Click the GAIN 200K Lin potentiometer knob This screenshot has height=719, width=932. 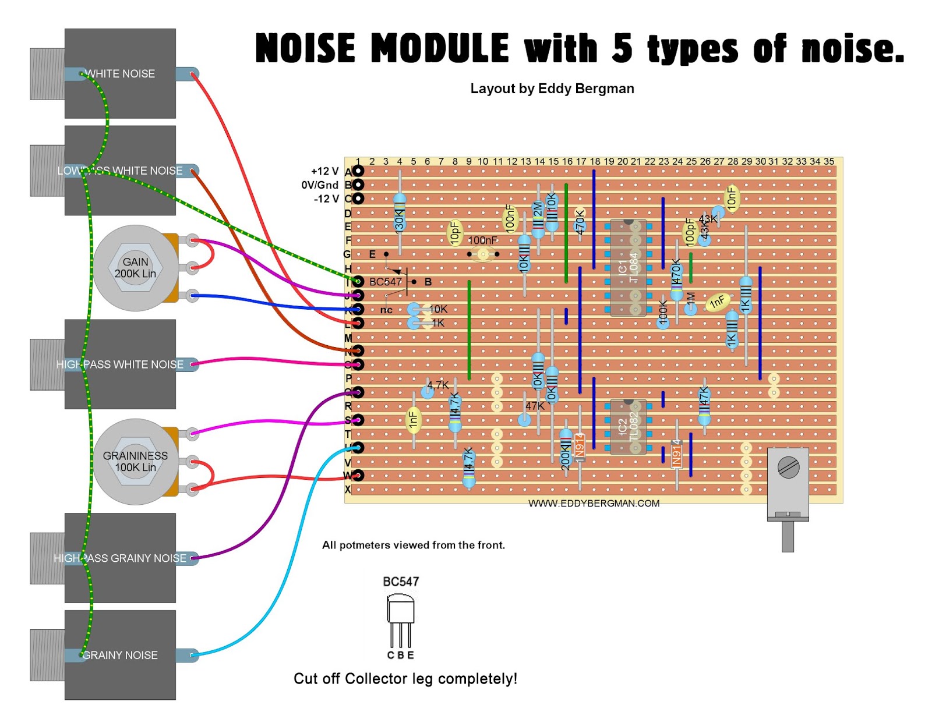(135, 268)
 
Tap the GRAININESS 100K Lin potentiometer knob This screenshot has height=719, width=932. (135, 462)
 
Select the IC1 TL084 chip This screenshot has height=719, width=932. (628, 268)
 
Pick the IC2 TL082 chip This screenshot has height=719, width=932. (628, 427)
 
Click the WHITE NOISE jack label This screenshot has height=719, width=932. (121, 74)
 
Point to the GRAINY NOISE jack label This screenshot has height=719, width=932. (120, 655)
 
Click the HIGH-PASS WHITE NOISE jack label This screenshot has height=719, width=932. (120, 364)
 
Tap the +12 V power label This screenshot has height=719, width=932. (324, 171)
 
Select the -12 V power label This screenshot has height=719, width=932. (326, 199)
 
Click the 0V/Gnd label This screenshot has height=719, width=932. (320, 185)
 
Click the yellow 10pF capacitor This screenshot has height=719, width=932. (455, 233)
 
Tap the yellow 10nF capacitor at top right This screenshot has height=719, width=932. (732, 199)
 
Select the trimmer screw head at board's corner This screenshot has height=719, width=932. (788, 467)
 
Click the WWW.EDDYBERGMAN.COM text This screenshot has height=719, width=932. (594, 504)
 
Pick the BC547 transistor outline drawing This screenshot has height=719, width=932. (401, 620)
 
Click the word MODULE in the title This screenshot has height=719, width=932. (440, 48)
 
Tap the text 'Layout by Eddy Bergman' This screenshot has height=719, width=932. (552, 88)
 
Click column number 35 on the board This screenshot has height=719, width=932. (829, 161)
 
